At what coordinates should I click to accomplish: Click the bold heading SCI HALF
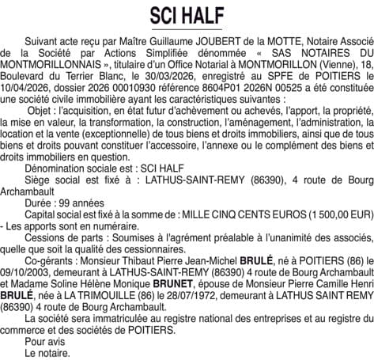[187, 15]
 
